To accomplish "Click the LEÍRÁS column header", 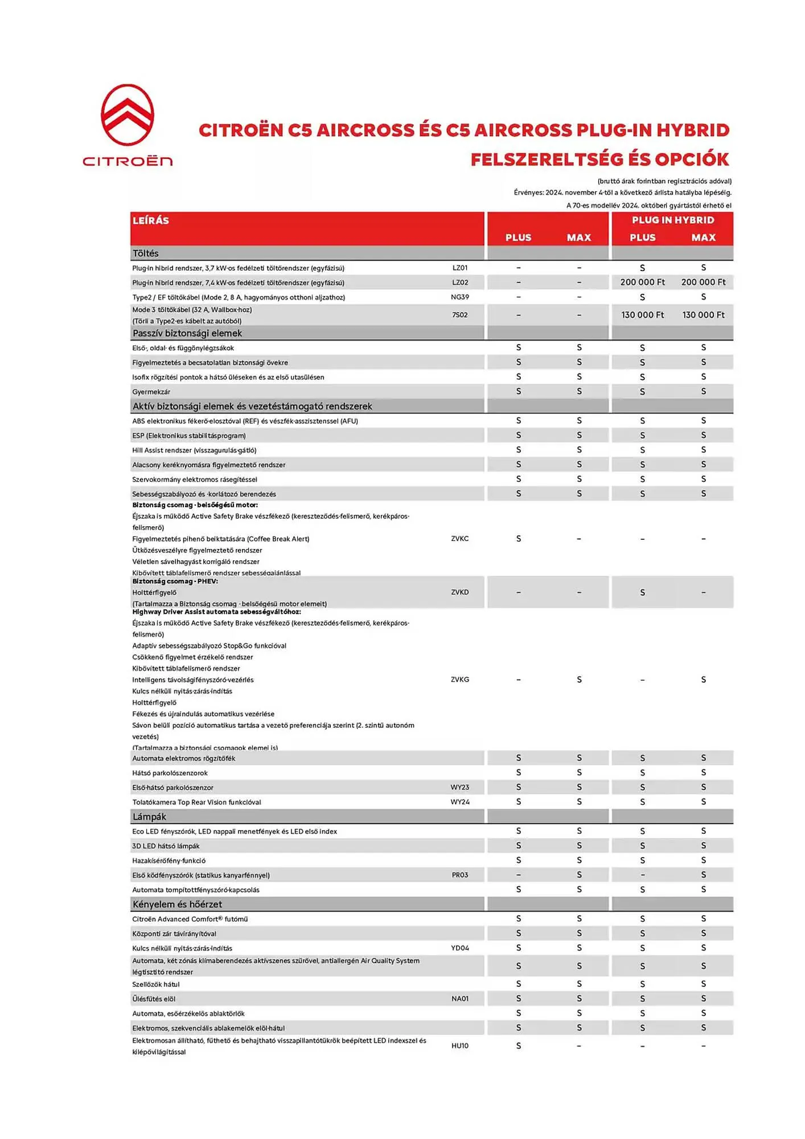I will (x=151, y=220).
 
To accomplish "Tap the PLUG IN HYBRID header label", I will (x=672, y=220).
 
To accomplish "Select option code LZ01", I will (x=460, y=268).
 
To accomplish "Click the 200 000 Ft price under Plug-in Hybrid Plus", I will (x=642, y=282).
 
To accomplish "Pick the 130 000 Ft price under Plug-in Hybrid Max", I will (x=703, y=315).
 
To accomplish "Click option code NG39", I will (x=460, y=297).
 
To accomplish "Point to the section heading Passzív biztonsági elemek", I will (x=187, y=333).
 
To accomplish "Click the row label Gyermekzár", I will (x=151, y=392).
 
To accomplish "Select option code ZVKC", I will (x=460, y=539).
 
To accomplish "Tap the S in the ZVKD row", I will (x=642, y=593).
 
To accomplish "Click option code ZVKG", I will (x=460, y=679).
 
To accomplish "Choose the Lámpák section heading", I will (x=149, y=817).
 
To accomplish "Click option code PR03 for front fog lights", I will (x=460, y=875).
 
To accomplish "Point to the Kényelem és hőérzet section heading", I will (x=177, y=904).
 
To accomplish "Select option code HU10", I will (x=460, y=1046).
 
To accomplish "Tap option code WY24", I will (x=460, y=802).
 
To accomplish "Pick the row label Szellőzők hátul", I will (x=156, y=985).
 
